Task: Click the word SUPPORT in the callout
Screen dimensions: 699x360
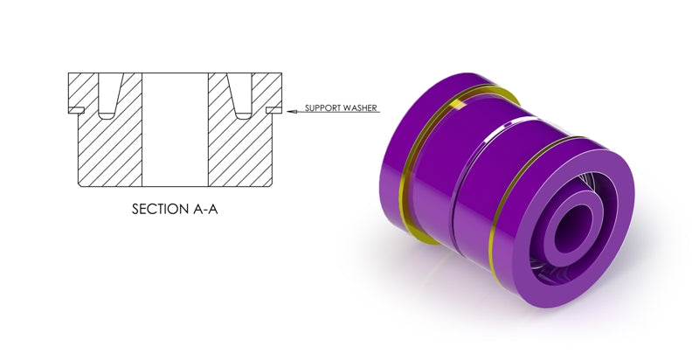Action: tap(323, 107)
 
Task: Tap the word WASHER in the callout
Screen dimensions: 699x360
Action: tap(361, 107)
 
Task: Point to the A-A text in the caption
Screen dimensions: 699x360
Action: tap(205, 209)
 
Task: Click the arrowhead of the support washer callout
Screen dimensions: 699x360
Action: tap(292, 111)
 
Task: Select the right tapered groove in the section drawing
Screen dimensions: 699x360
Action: tap(240, 96)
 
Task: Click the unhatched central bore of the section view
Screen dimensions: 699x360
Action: tap(175, 129)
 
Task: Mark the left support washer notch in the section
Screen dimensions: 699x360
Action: tap(76, 110)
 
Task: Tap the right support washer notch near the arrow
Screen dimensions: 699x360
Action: tap(273, 110)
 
